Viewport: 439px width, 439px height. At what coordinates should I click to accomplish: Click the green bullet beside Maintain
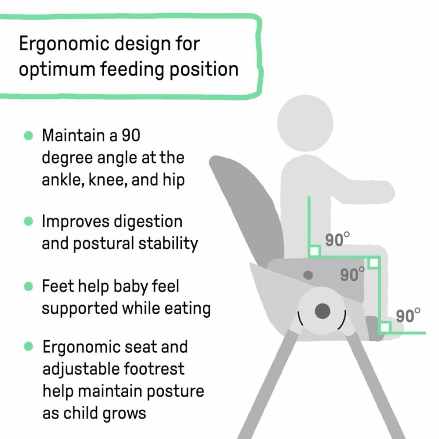click(x=29, y=135)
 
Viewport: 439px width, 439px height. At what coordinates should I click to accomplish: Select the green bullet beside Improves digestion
click(x=29, y=221)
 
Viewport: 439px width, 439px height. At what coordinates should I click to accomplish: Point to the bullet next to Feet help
click(x=29, y=286)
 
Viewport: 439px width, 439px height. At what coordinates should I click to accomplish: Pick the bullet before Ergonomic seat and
click(x=29, y=346)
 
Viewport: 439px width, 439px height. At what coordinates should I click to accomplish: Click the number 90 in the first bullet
click(x=131, y=135)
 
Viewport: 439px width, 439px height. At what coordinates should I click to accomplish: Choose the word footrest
click(x=153, y=369)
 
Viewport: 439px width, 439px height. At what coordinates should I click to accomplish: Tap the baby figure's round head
click(x=305, y=123)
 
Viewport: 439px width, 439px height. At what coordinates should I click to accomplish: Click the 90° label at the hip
click(x=337, y=240)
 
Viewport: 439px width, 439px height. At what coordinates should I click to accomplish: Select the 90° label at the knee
click(x=352, y=274)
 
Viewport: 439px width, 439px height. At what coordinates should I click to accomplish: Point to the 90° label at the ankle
click(x=408, y=316)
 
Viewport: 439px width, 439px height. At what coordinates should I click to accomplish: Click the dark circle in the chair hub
click(x=323, y=311)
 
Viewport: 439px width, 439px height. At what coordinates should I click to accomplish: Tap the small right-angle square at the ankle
click(x=385, y=327)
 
